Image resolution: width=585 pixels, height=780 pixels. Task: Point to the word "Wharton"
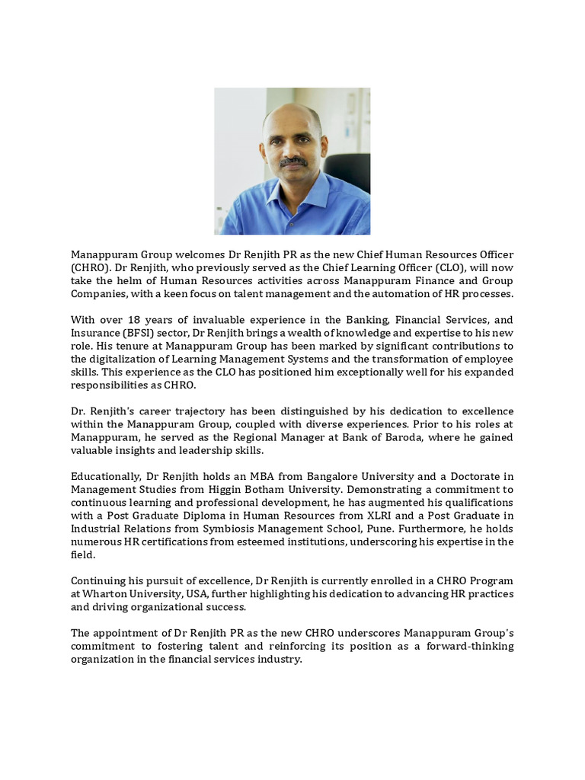(x=104, y=594)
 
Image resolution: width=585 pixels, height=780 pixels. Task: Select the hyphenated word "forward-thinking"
(x=471, y=647)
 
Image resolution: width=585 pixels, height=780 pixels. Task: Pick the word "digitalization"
(x=119, y=359)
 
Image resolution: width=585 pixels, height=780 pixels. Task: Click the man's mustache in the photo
(x=293, y=162)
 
